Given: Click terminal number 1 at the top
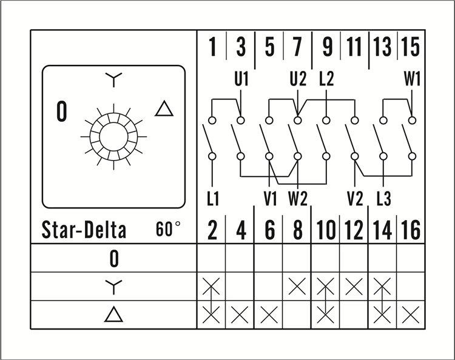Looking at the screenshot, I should [212, 47].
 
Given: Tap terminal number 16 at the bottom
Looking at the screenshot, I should [411, 231].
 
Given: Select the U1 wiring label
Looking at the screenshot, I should [241, 79].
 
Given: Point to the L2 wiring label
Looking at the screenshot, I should [326, 79].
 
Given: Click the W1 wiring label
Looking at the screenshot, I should [412, 79].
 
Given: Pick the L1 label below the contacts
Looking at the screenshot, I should [212, 198].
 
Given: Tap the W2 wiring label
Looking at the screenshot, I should [298, 198].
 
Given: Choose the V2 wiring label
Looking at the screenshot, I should [355, 198].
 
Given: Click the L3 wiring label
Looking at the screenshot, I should [383, 198].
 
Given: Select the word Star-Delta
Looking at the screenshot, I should [84, 230].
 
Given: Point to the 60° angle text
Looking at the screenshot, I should [168, 230].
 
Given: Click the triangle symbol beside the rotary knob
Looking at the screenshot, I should [164, 109].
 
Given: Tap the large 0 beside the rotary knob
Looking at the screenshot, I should [61, 112].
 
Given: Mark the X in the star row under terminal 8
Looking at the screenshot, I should [297, 286].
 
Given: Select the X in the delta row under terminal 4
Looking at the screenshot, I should [241, 315].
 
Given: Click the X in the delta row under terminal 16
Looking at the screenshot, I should [411, 315].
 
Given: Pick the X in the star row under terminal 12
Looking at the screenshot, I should [354, 286].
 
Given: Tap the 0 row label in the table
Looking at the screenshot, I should [113, 259].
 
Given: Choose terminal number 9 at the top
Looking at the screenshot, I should [327, 47].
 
